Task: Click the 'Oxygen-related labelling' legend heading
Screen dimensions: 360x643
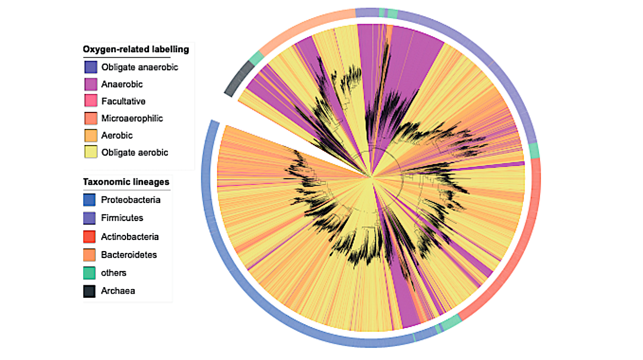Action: click(136, 49)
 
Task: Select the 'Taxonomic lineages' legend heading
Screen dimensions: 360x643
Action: click(126, 182)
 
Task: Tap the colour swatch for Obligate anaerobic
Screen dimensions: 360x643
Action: click(90, 67)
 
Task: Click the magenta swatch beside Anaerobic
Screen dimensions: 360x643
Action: click(90, 84)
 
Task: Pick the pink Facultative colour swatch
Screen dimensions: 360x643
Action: click(90, 101)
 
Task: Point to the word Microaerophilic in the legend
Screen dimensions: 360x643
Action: click(132, 118)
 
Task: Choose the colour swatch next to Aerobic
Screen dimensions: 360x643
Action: click(90, 136)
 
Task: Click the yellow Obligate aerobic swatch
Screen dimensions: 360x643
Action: click(90, 153)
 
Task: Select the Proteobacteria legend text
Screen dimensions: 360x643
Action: click(131, 200)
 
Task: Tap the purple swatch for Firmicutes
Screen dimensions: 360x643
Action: click(89, 218)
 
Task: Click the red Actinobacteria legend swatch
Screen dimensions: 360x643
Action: click(89, 236)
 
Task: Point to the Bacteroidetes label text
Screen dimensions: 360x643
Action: click(129, 255)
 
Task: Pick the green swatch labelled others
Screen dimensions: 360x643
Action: click(89, 273)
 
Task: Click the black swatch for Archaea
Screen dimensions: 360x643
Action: click(89, 291)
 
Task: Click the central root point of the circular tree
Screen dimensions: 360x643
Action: click(371, 177)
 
